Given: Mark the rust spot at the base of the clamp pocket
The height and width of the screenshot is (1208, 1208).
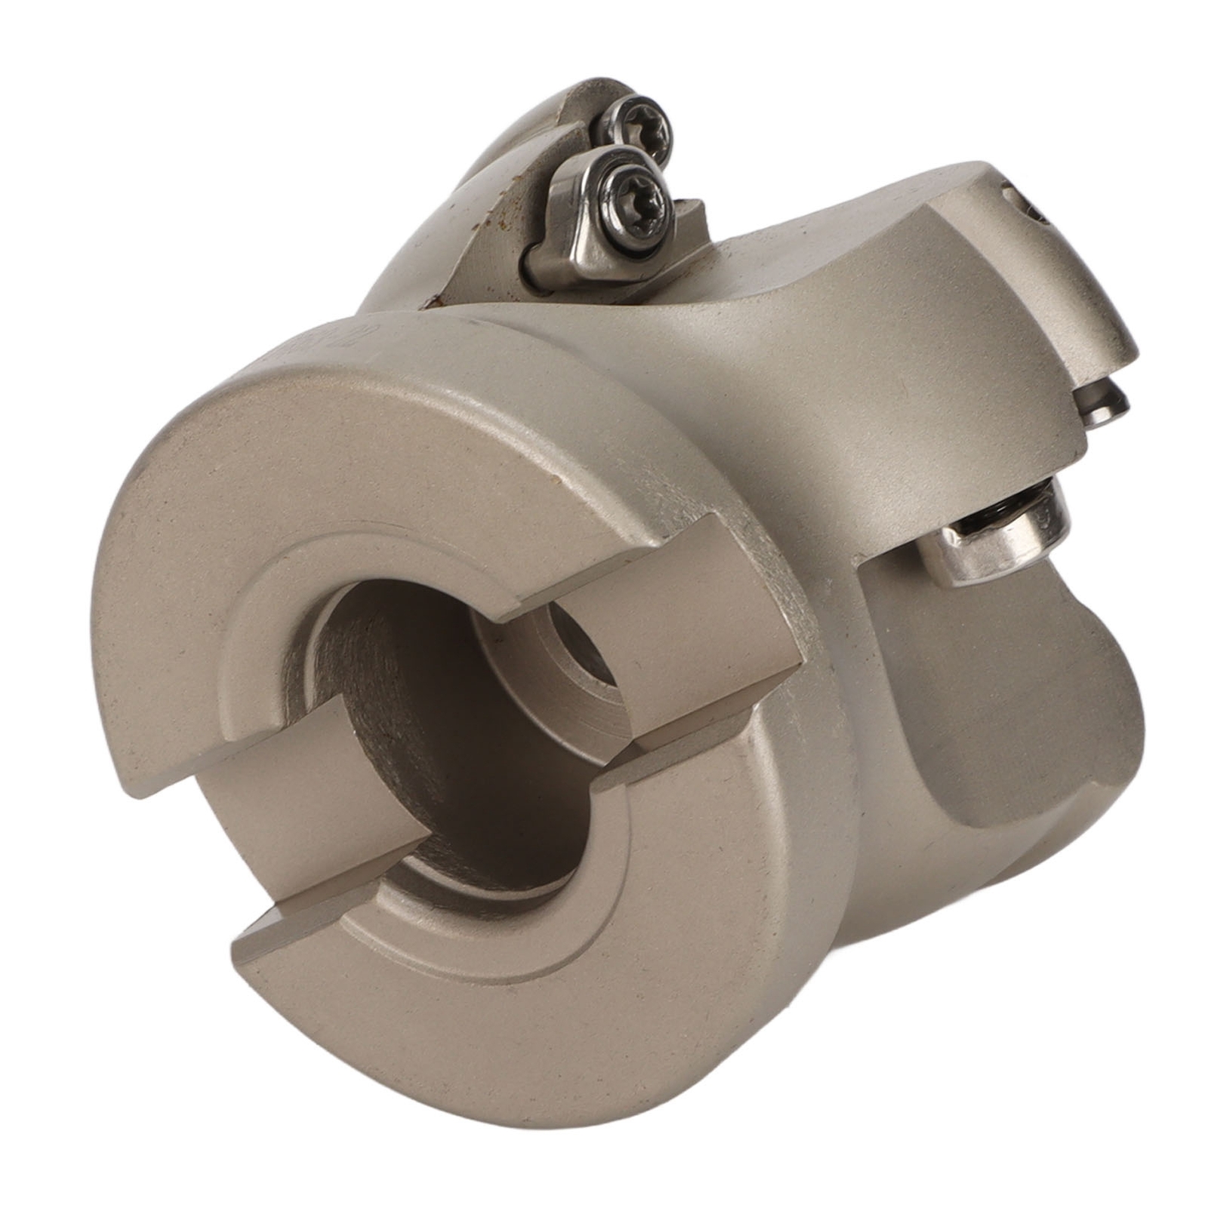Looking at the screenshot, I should [433, 304].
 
